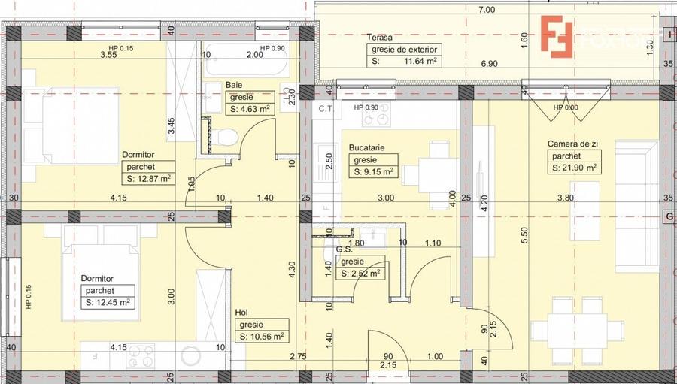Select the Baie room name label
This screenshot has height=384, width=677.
pyautogui.click(x=234, y=85)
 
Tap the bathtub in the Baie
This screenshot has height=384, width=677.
pyautogui.click(x=244, y=66)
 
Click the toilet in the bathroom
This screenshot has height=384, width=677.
pyautogui.click(x=223, y=138)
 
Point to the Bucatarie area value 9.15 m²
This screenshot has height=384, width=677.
pyautogui.click(x=373, y=171)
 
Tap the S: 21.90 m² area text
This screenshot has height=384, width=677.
pyautogui.click(x=574, y=168)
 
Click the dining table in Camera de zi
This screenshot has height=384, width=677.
pyautogui.click(x=577, y=329)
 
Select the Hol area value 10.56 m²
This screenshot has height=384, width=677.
pyautogui.click(x=261, y=337)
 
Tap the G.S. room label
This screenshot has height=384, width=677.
pyautogui.click(x=345, y=250)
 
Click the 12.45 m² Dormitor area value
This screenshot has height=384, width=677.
pyautogui.click(x=108, y=302)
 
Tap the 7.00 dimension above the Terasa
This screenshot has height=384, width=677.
pyautogui.click(x=486, y=10)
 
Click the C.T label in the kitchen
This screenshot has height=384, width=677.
pyautogui.click(x=326, y=109)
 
